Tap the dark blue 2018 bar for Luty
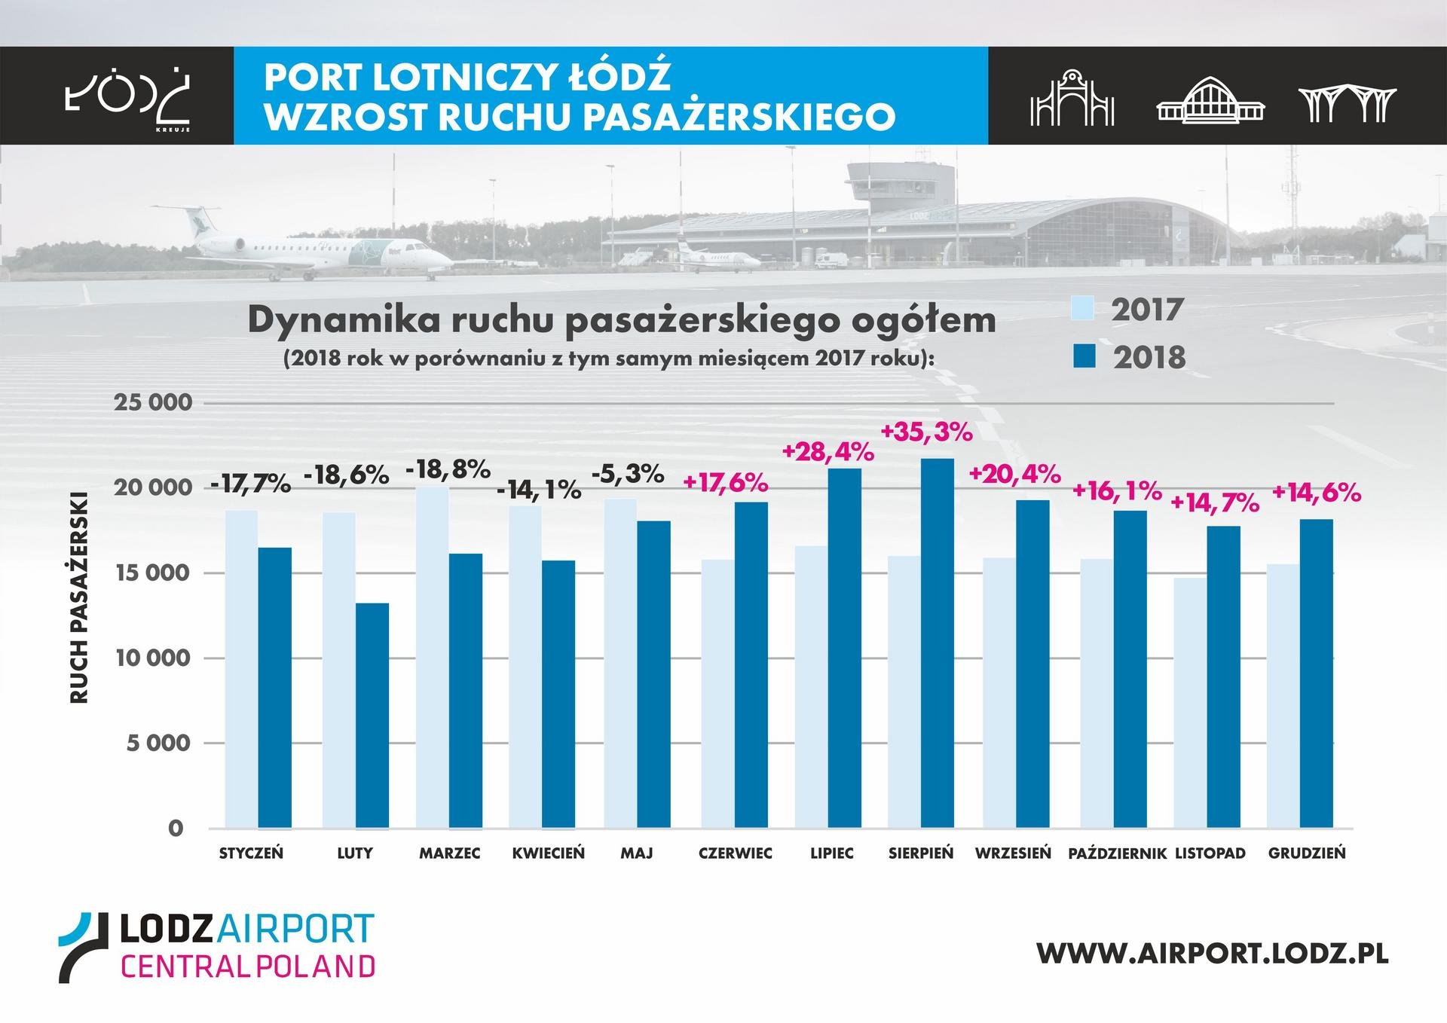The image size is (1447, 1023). [x=372, y=715]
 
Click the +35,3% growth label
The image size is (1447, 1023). [x=926, y=433]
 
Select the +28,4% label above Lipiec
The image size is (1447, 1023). [x=828, y=452]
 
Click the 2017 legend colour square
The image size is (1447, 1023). [x=1082, y=308]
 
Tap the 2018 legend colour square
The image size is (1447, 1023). [x=1083, y=356]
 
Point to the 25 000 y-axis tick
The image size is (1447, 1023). [x=153, y=402]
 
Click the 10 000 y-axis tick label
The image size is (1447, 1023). [x=153, y=658]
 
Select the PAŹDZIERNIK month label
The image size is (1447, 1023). [x=1117, y=854]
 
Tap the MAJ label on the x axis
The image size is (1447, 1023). [x=637, y=854]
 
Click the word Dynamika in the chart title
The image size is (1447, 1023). [x=343, y=321]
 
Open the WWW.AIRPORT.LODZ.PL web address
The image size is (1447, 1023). [x=1212, y=952]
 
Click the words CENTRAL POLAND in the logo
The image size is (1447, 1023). [x=248, y=966]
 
